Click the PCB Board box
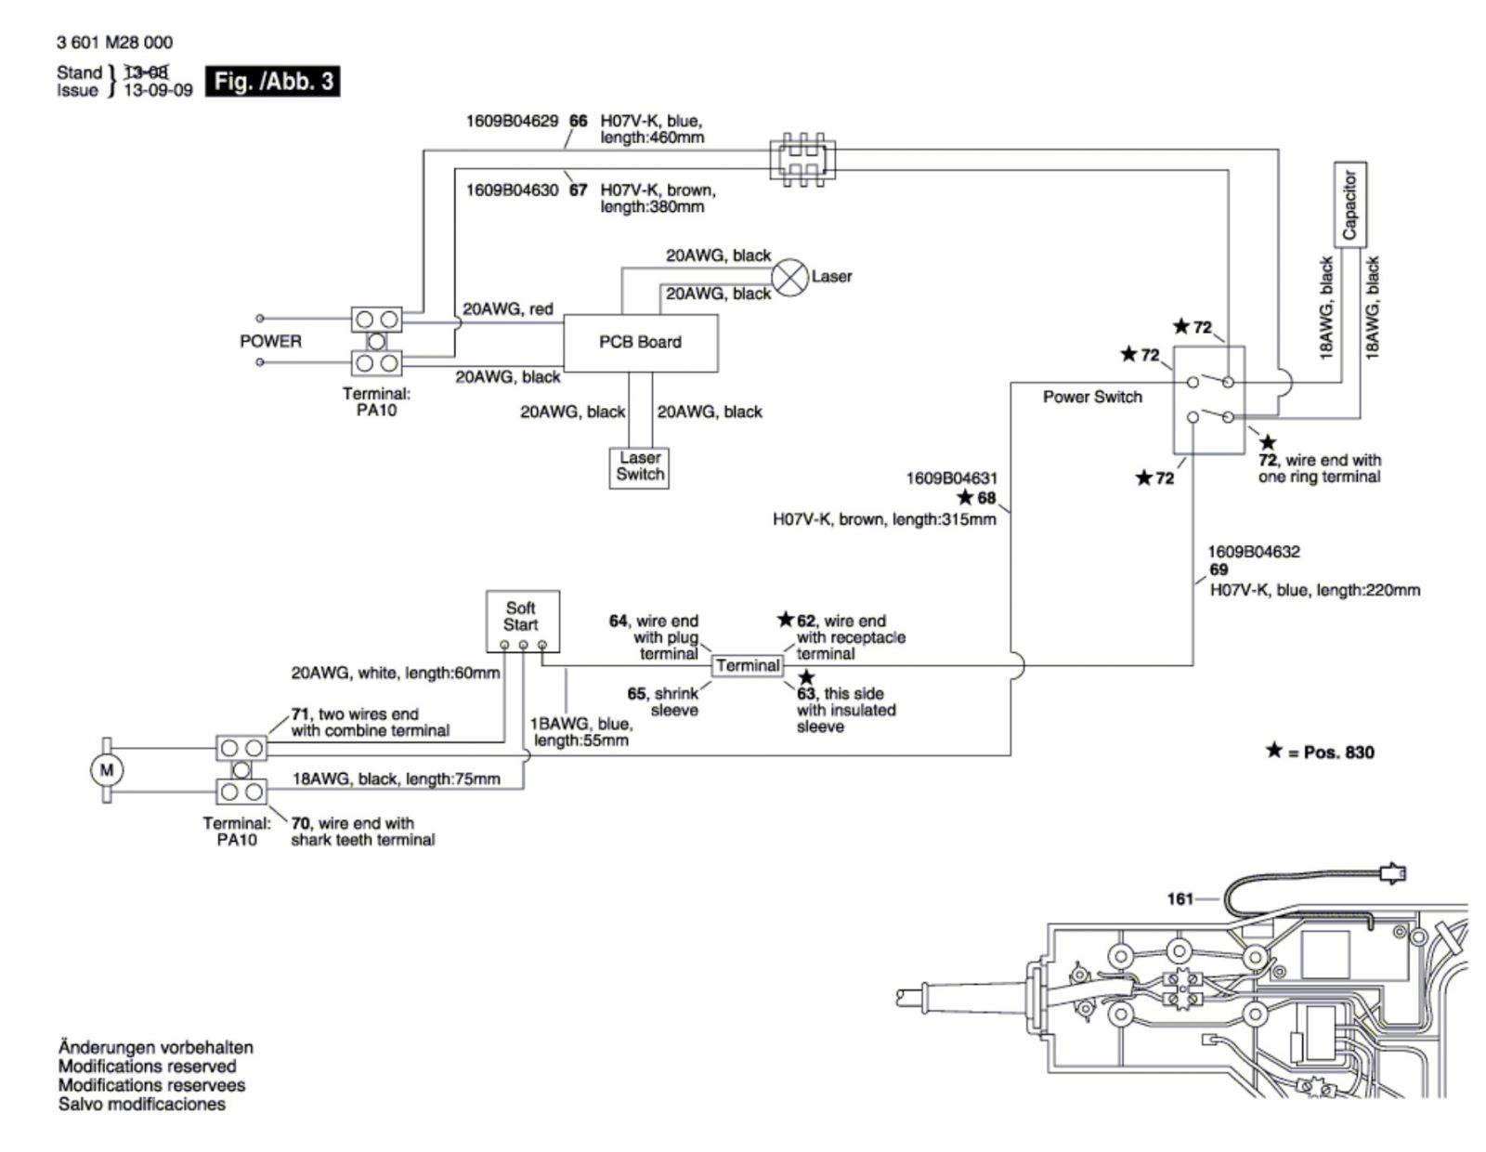(x=640, y=343)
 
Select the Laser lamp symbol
(x=789, y=278)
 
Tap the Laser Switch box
(x=639, y=468)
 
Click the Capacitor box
(x=1349, y=204)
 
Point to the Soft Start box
(x=523, y=622)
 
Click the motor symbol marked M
(x=107, y=769)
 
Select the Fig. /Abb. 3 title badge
(x=273, y=82)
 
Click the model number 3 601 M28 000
(x=115, y=43)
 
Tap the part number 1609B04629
(x=512, y=121)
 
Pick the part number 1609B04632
(x=1254, y=551)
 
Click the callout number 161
(x=1180, y=898)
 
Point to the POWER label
(x=270, y=341)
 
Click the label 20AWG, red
(x=507, y=309)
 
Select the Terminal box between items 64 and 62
(x=748, y=665)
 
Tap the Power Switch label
(x=1092, y=397)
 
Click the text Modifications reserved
(x=147, y=1067)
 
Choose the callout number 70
(x=300, y=823)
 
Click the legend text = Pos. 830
(x=1330, y=753)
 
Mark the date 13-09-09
(x=158, y=90)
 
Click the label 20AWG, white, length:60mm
(x=396, y=674)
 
